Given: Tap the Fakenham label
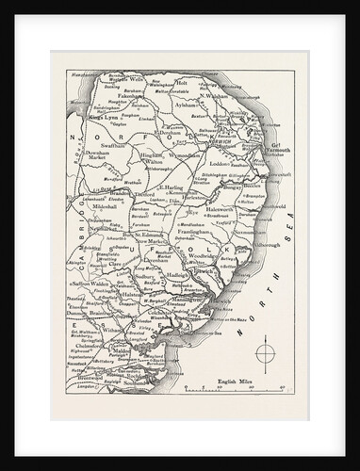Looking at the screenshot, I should [120, 108].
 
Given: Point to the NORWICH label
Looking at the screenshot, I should [224, 145].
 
